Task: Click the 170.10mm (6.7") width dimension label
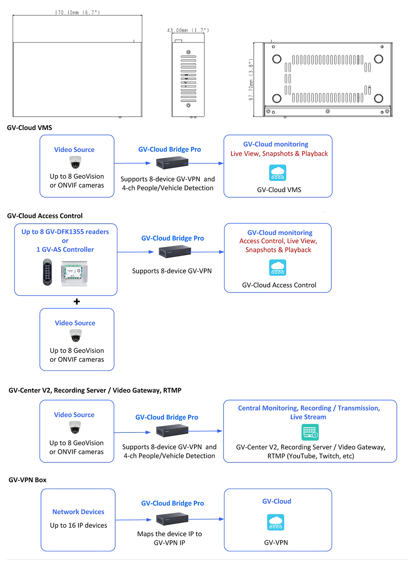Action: click(77, 12)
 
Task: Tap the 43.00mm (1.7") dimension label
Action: click(188, 30)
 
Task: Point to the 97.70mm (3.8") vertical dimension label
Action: click(251, 79)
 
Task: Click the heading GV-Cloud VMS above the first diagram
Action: click(29, 128)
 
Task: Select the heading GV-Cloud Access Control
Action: click(45, 216)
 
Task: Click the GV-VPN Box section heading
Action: click(28, 480)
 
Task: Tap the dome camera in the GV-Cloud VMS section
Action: click(75, 162)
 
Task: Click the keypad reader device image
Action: click(47, 272)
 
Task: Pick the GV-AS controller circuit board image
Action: click(74, 273)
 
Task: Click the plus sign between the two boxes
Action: click(77, 302)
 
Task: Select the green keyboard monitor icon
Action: click(310, 432)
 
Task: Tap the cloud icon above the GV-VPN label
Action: click(276, 522)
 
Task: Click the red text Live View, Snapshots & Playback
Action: click(279, 154)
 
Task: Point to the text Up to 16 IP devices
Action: click(78, 525)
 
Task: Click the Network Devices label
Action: click(78, 512)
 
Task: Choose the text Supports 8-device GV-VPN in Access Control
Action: click(172, 271)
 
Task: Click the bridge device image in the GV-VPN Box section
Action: click(172, 519)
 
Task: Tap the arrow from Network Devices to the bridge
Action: click(134, 520)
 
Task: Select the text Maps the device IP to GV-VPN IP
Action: click(170, 538)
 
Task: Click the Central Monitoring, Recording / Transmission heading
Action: click(309, 408)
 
